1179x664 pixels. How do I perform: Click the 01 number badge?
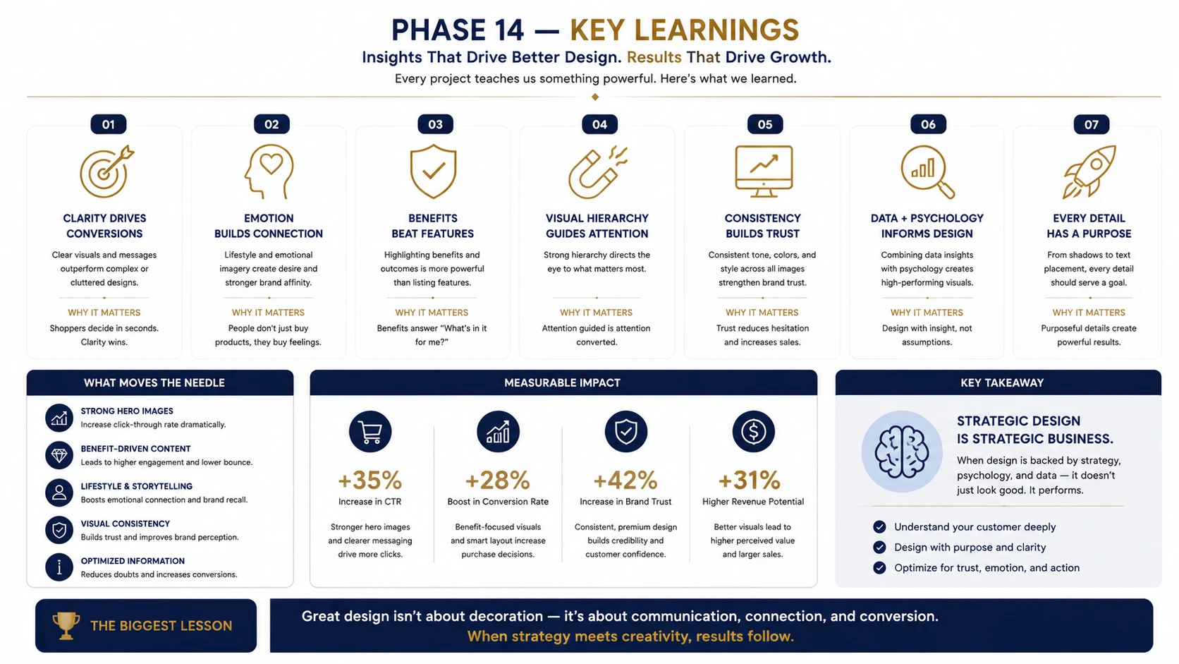pyautogui.click(x=109, y=124)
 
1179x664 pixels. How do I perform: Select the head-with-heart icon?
pyautogui.click(x=269, y=171)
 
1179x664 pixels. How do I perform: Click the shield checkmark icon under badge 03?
pyautogui.click(x=433, y=171)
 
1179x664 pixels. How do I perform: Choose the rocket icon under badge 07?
pyautogui.click(x=1089, y=171)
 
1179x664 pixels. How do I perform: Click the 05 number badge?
pyautogui.click(x=765, y=124)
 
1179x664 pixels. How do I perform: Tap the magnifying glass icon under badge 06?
pyautogui.click(x=927, y=171)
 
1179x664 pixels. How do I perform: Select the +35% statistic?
pyautogui.click(x=369, y=480)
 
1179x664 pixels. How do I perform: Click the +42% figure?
pyautogui.click(x=625, y=480)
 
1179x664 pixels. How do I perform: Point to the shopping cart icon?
pyautogui.click(x=370, y=432)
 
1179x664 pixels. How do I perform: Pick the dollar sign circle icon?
pyautogui.click(x=753, y=432)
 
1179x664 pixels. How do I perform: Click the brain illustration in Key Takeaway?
pyautogui.click(x=902, y=452)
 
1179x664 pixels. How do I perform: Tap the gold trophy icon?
pyautogui.click(x=66, y=626)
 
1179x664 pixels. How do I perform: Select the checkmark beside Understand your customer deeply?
pyautogui.click(x=879, y=526)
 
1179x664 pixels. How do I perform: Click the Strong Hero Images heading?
pyautogui.click(x=127, y=411)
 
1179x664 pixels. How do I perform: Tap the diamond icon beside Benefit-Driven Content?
pyautogui.click(x=59, y=455)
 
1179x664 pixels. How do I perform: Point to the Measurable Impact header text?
pyautogui.click(x=562, y=383)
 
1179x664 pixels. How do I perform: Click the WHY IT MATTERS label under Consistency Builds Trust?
pyautogui.click(x=762, y=313)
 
